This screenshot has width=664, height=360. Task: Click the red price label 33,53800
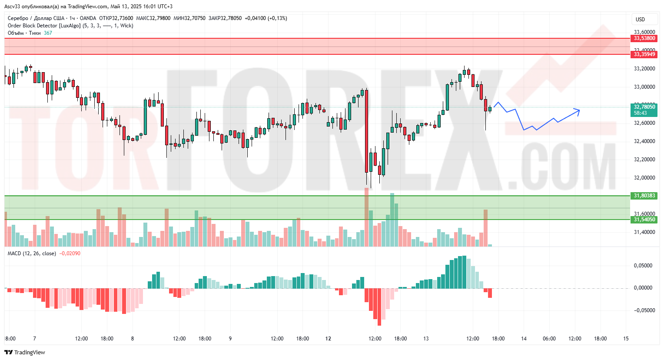point(644,38)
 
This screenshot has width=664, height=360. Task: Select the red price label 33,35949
point(644,54)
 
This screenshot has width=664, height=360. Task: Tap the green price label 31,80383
point(644,196)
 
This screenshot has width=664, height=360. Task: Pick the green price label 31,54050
point(644,220)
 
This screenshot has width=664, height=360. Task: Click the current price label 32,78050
point(644,107)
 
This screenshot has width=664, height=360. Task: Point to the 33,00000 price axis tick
point(644,87)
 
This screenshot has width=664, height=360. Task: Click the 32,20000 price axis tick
point(644,160)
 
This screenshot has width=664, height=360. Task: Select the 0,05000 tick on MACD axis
point(643,266)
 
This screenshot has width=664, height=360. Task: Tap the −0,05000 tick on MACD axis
point(641,310)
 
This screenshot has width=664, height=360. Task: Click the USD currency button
point(640,20)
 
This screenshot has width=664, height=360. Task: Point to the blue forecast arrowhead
point(578,110)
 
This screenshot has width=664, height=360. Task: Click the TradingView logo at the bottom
point(25,352)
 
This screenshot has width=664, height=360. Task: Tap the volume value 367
point(48,33)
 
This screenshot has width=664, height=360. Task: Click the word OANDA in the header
point(88,18)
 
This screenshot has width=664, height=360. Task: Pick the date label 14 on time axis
point(524,339)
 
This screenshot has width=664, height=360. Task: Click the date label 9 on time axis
point(230,339)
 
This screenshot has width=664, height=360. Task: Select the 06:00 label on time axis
point(549,339)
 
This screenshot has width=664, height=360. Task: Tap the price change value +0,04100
point(255,18)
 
